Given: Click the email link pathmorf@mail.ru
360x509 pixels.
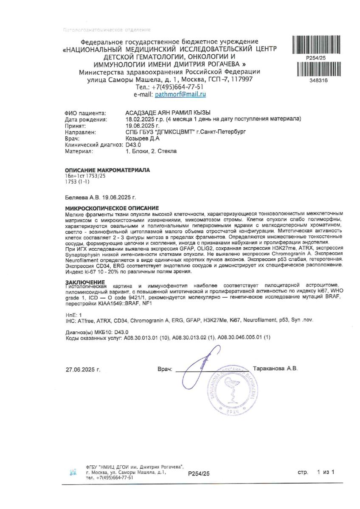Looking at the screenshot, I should [x=180, y=95].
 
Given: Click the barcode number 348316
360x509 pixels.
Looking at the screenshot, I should [x=316, y=81].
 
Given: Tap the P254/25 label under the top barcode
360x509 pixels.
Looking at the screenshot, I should [x=316, y=58].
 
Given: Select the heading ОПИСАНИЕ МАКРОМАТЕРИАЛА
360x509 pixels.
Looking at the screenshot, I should [x=107, y=170].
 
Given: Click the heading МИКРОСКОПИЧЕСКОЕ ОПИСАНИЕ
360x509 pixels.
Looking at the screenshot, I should [x=112, y=208].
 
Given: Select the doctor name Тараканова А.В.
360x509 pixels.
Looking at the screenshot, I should [x=275, y=368].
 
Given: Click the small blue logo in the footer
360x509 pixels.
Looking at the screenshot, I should [x=73, y=472].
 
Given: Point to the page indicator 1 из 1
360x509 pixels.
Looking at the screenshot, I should [x=326, y=472].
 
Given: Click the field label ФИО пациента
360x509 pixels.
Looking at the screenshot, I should [x=84, y=113].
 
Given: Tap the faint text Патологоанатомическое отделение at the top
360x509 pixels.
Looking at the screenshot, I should [x=106, y=30].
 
